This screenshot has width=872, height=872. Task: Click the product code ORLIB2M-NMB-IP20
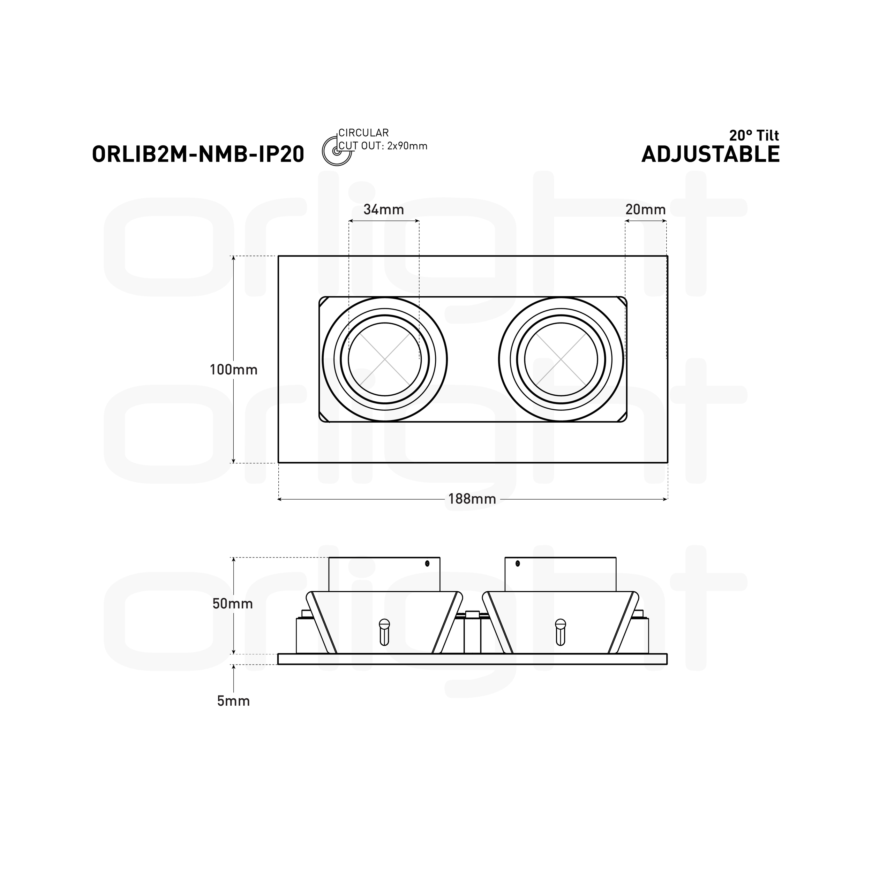(x=198, y=154)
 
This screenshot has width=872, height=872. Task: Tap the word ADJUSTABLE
(x=711, y=154)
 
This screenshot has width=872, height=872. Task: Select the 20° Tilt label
(x=754, y=135)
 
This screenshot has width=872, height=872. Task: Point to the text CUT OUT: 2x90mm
(x=383, y=146)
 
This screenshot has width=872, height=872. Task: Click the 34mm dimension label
(x=384, y=210)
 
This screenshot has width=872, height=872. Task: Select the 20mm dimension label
(x=646, y=210)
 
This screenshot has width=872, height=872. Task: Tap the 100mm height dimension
(x=233, y=370)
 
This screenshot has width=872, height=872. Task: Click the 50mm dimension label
(x=233, y=604)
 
